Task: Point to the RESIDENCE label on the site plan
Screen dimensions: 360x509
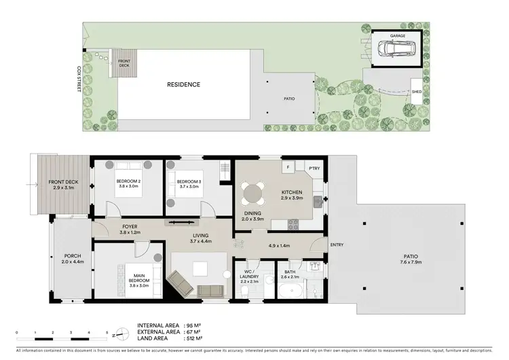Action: click(x=184, y=85)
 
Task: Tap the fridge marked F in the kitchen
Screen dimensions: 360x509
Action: click(x=288, y=167)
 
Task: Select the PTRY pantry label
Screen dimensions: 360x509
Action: click(x=314, y=167)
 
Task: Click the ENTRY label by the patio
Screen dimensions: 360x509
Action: click(x=337, y=245)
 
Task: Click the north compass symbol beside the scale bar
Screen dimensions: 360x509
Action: click(x=119, y=334)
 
